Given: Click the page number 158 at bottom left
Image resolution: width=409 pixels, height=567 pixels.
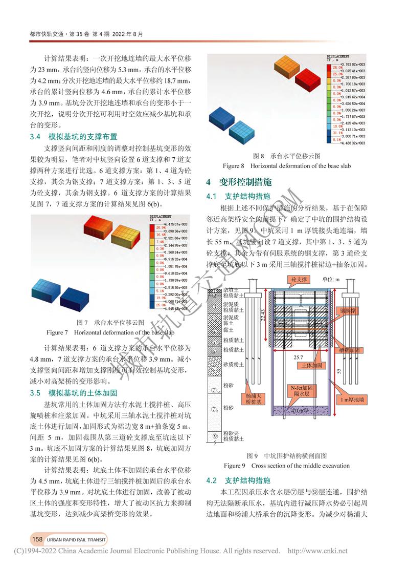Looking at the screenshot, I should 37,539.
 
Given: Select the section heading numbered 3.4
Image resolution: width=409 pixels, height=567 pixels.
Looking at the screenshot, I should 74,137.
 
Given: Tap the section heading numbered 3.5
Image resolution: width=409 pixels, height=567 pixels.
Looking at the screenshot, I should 74,393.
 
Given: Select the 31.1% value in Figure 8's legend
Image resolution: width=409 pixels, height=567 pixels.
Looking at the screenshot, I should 337,131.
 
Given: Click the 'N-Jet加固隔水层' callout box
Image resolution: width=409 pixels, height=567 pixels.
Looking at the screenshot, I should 301,391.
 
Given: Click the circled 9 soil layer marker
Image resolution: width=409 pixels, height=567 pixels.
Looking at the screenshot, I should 216,436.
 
